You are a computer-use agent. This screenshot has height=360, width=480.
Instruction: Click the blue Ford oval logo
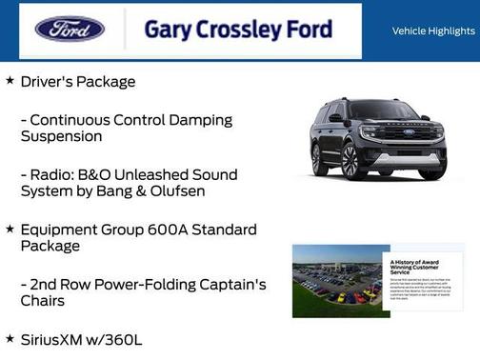pyautogui.click(x=70, y=29)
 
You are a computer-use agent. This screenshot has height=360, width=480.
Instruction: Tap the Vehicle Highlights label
pyautogui.click(x=433, y=31)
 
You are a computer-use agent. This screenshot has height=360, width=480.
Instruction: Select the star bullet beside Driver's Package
pyautogui.click(x=10, y=81)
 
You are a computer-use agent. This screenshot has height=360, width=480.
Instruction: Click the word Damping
pyautogui.click(x=220, y=119)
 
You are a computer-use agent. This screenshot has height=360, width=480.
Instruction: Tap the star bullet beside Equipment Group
pyautogui.click(x=10, y=229)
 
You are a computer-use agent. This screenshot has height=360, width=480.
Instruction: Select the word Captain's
pyautogui.click(x=228, y=284)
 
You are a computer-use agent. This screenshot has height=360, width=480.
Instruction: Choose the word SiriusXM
pyautogui.click(x=56, y=339)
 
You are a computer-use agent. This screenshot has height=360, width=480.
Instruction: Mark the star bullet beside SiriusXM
pyautogui.click(x=10, y=338)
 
